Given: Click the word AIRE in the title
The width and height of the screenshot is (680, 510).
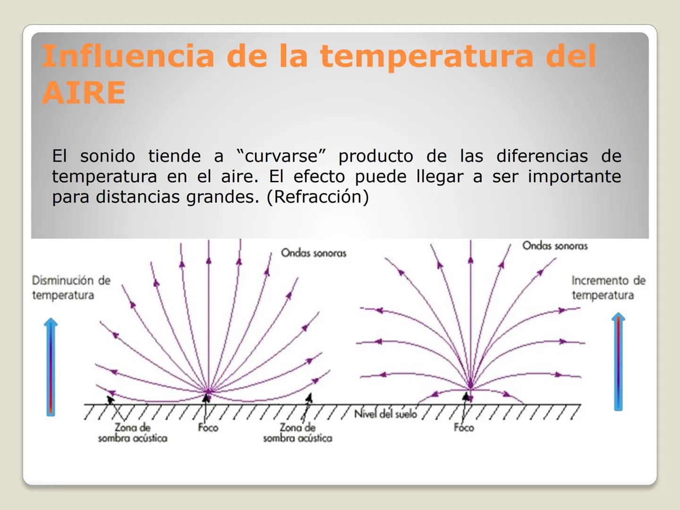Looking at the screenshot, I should (84, 92).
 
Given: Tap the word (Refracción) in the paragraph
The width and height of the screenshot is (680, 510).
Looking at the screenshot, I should (318, 197).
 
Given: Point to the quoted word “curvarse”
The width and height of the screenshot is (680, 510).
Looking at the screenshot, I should (281, 156).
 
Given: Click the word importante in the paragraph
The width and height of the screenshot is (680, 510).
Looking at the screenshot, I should (574, 177).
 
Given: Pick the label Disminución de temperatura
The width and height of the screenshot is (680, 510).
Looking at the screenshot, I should (71, 288).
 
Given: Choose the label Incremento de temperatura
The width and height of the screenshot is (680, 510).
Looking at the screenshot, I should (608, 288).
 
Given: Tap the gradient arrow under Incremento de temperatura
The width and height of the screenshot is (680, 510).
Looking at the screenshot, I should (618, 361).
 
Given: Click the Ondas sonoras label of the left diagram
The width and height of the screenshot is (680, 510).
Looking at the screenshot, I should (314, 253).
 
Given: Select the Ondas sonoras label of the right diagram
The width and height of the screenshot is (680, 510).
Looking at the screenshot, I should (555, 246).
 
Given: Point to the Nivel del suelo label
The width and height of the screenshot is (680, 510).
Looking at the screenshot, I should (385, 414).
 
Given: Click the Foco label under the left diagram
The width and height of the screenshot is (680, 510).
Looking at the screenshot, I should (208, 428).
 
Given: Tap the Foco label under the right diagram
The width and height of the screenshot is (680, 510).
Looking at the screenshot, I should (464, 428).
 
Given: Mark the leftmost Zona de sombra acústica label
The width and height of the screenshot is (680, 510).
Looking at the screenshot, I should (133, 433).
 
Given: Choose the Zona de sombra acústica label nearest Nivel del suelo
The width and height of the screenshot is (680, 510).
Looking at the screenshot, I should (297, 433).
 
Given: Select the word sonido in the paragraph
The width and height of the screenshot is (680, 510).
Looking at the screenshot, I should (107, 156).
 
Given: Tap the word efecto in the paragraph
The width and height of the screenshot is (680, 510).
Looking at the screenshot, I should (319, 177).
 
